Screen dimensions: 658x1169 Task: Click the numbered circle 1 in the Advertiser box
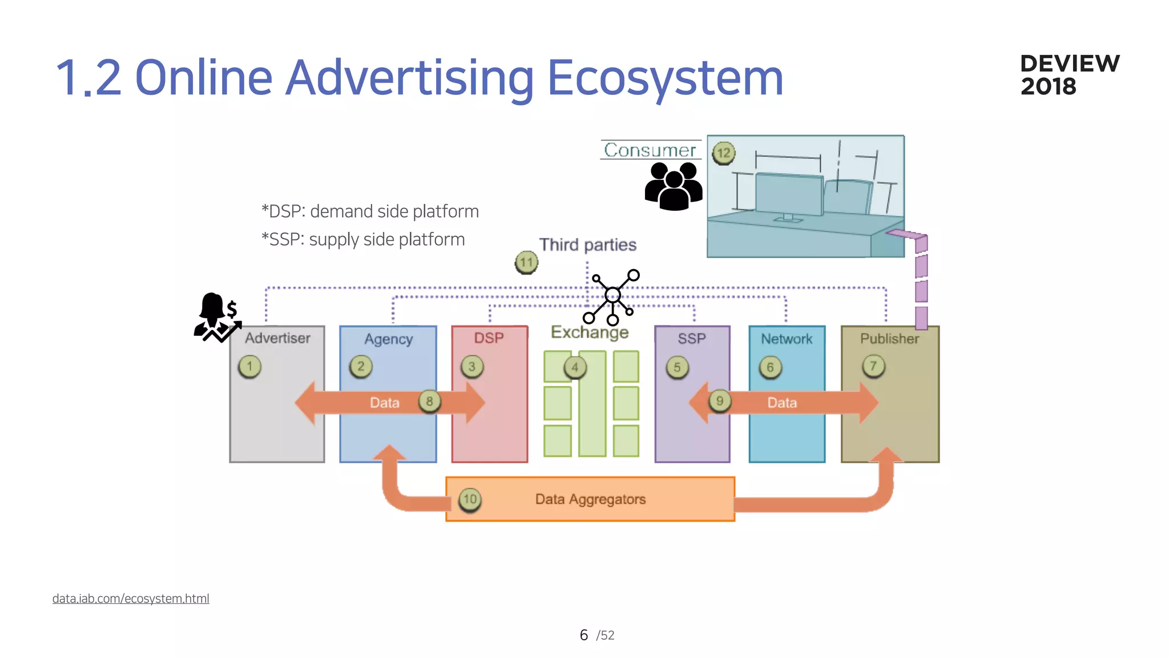(x=249, y=366)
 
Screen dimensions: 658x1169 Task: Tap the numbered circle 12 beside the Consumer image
(x=723, y=153)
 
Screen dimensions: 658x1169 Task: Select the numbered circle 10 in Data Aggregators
(x=470, y=500)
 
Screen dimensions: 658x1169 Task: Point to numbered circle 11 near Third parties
(x=526, y=263)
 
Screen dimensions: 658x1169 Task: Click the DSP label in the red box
(x=489, y=338)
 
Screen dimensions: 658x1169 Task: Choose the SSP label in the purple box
(x=692, y=339)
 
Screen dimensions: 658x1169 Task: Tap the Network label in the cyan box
(x=786, y=339)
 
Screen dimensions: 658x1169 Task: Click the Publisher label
(x=889, y=339)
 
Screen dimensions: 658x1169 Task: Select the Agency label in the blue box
(x=388, y=339)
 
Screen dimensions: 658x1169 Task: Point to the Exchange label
(x=589, y=332)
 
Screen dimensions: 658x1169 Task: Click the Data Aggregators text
(x=590, y=499)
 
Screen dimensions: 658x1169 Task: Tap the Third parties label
(x=587, y=244)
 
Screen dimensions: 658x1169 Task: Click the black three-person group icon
(x=674, y=186)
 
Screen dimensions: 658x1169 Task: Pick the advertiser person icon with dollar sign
(x=217, y=318)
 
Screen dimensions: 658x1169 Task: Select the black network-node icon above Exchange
(x=612, y=296)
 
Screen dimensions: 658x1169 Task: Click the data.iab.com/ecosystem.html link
(x=131, y=599)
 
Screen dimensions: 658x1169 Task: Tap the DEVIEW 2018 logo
(x=1069, y=75)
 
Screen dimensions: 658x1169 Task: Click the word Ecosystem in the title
(x=665, y=78)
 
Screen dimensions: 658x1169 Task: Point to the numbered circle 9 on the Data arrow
(x=719, y=401)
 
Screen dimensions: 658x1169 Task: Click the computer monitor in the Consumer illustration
(x=789, y=195)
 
